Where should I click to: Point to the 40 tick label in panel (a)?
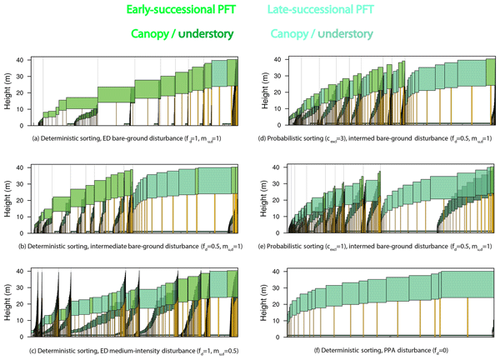pos(24,59)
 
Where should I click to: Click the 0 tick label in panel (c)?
pos(27,336)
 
